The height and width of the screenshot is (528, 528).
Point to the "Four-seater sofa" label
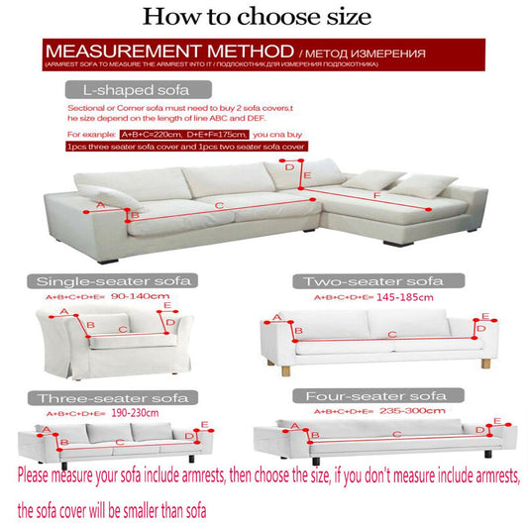tap(372, 394)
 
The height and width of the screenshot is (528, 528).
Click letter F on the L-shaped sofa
tap(377, 196)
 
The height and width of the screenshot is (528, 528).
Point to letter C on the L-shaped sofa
tap(219, 205)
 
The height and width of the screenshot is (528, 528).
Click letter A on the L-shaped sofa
tap(97, 206)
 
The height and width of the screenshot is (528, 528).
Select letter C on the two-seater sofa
tap(392, 335)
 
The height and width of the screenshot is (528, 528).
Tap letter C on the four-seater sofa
tap(396, 434)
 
